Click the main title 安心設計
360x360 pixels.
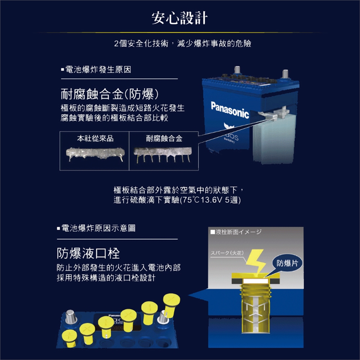click(180, 18)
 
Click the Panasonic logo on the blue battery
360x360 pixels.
click(230, 110)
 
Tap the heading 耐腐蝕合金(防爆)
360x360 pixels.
click(109, 94)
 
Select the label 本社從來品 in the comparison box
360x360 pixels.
click(95, 138)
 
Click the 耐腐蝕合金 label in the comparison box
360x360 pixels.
click(164, 138)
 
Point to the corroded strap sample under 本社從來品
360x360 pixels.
click(95, 154)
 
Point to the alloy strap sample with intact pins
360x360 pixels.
click(162, 154)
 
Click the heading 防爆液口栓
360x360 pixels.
click(88, 253)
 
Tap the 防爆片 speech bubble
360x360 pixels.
click(287, 263)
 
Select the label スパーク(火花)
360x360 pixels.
click(227, 253)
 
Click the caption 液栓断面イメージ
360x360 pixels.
click(236, 232)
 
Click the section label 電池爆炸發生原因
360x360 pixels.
click(96, 70)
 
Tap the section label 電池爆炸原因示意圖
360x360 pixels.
click(96, 228)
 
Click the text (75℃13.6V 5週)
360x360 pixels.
click(210, 200)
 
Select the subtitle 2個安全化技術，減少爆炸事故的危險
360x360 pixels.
click(183, 43)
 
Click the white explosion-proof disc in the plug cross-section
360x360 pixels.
click(256, 281)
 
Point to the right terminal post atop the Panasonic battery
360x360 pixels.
click(285, 74)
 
